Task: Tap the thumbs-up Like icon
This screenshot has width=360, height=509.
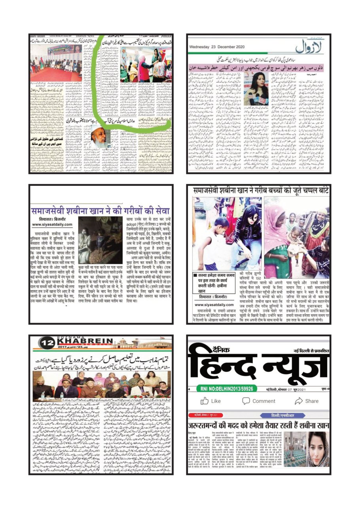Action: [x=205, y=401]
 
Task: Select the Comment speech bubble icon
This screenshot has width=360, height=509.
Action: [x=246, y=401]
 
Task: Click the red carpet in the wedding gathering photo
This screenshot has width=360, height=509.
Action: [x=55, y=74]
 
